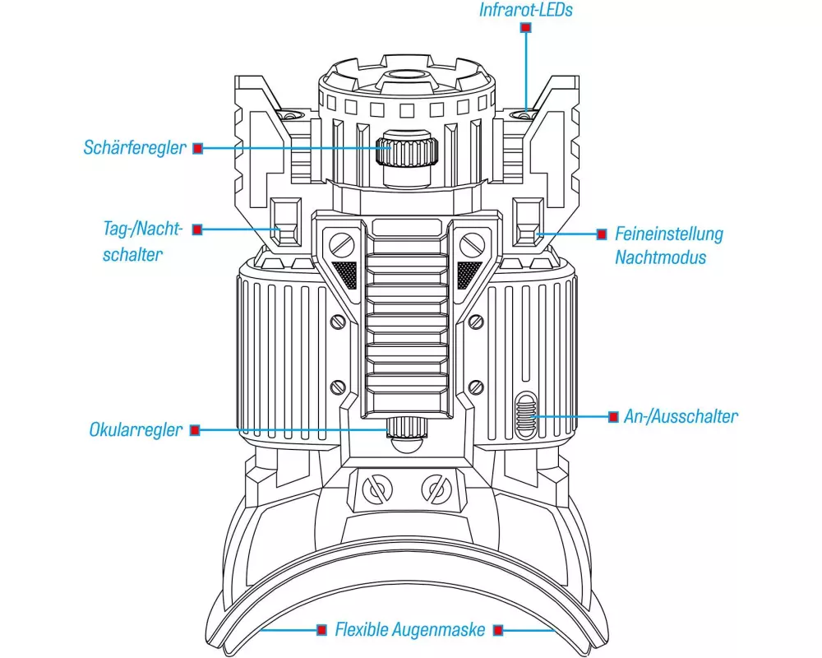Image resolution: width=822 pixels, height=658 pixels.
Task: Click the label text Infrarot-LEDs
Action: (525, 11)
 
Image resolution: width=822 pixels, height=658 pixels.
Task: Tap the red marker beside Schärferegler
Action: (197, 149)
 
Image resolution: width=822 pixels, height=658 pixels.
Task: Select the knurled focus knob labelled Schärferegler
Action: (407, 151)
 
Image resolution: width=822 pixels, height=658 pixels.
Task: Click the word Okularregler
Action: (136, 430)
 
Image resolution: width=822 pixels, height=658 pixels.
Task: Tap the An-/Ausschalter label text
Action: (680, 416)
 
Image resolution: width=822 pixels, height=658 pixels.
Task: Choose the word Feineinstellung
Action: (669, 234)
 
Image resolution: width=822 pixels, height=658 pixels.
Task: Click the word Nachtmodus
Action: (660, 257)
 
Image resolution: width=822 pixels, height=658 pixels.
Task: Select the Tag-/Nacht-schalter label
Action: (133, 241)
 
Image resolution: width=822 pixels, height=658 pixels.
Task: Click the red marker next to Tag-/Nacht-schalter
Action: (197, 230)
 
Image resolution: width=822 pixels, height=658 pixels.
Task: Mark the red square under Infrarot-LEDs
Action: (526, 28)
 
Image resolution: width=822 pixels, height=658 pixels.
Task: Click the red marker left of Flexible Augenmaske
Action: (322, 631)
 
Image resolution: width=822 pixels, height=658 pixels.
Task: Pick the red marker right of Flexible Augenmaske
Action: (499, 631)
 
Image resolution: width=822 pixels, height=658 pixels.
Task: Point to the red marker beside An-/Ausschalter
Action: (613, 417)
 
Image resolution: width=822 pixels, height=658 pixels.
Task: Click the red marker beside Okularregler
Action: (195, 430)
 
